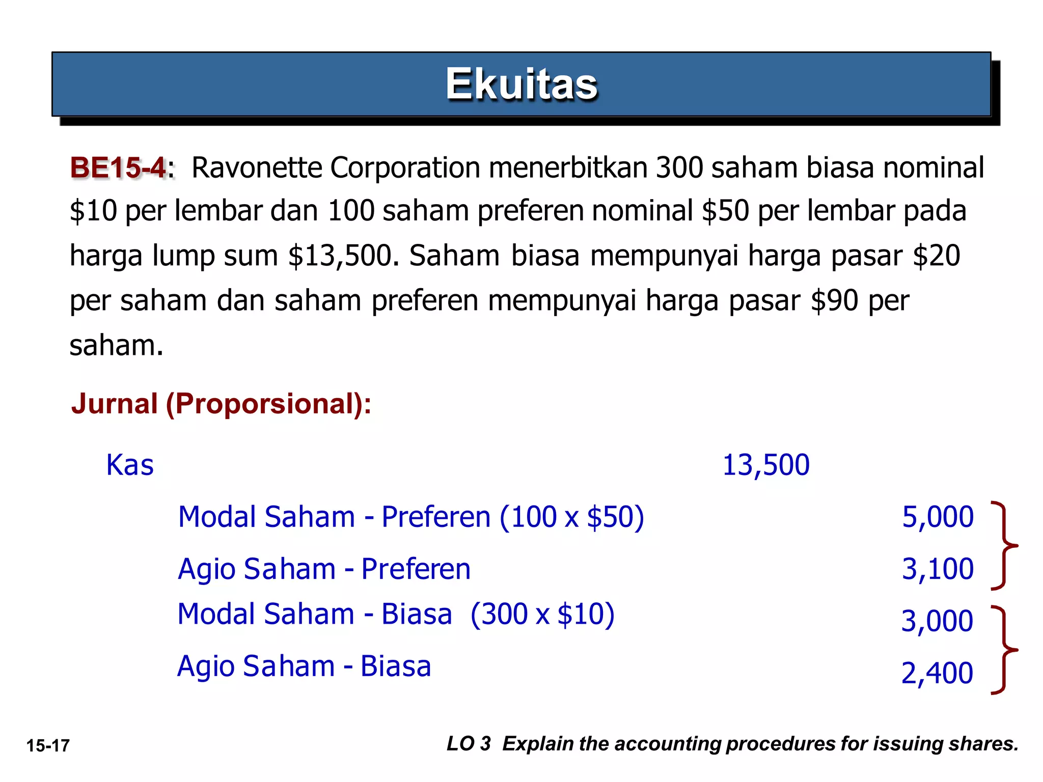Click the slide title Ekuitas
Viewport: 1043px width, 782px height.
click(521, 85)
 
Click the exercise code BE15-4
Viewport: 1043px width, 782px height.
click(119, 168)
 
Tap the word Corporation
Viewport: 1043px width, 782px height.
click(405, 168)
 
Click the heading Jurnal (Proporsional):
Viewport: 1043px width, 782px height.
click(221, 404)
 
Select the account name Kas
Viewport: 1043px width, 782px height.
click(130, 465)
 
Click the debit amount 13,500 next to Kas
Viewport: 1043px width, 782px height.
click(765, 465)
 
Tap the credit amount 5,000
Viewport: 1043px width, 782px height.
click(937, 517)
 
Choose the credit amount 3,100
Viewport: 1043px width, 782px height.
click(937, 569)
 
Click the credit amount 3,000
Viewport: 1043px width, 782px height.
click(937, 621)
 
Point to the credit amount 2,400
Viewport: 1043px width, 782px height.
click(937, 673)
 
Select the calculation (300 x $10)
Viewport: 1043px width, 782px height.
click(542, 615)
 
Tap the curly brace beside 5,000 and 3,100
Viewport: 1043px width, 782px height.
click(1004, 546)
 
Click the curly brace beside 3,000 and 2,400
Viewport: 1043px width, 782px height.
click(1004, 650)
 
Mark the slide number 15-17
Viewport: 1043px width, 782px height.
click(48, 746)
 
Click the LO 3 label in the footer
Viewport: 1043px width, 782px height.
click(469, 744)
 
